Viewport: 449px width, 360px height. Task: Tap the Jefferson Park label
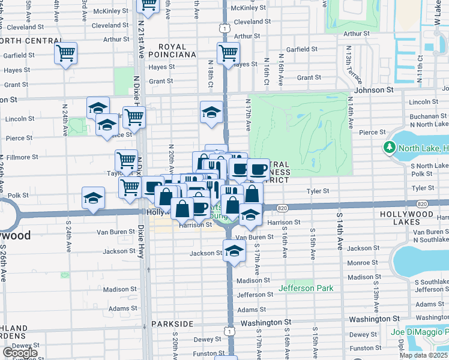[306, 289]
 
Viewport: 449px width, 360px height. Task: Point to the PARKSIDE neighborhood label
[172, 324]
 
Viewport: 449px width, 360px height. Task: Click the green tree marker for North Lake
[390, 148]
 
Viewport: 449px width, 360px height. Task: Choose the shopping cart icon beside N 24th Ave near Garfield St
[65, 53]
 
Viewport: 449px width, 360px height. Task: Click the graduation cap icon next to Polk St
[93, 198]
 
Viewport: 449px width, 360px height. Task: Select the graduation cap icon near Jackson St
[234, 251]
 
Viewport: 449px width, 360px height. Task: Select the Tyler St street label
[319, 191]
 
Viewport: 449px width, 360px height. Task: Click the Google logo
[20, 353]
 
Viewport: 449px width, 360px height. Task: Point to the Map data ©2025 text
[423, 355]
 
